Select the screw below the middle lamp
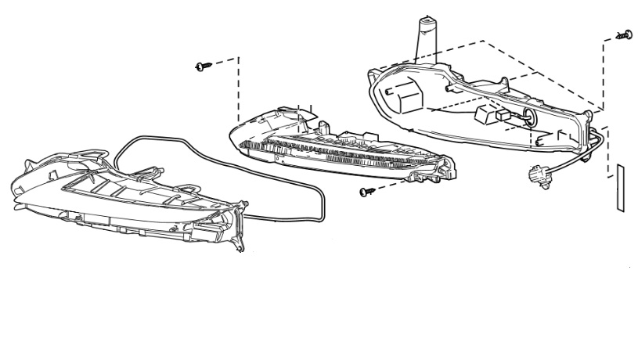point(364,192)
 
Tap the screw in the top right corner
point(626,34)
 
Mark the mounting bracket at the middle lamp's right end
point(446,167)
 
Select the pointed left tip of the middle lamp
point(232,132)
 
